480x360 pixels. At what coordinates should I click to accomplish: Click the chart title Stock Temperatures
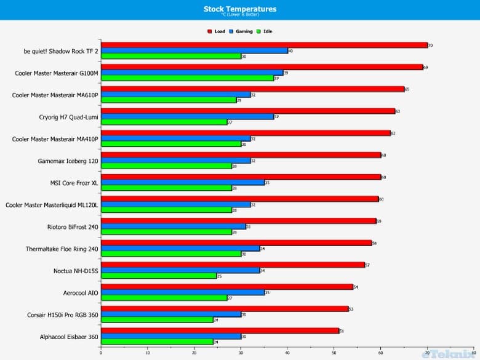click(239, 9)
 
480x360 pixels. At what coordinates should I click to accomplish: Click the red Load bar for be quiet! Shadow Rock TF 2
click(264, 45)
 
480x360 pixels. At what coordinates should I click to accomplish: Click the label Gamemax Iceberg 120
click(68, 161)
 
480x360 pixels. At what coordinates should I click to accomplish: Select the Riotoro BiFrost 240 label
click(73, 226)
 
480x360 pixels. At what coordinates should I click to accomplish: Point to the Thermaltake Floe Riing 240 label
click(62, 249)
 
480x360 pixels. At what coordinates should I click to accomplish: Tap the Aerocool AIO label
click(81, 293)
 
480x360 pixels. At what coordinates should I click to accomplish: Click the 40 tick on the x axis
click(287, 353)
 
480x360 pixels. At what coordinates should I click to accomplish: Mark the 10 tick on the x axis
click(148, 353)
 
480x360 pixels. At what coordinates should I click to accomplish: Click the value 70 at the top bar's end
click(431, 46)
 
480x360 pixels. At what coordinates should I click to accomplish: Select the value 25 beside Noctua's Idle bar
click(220, 276)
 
